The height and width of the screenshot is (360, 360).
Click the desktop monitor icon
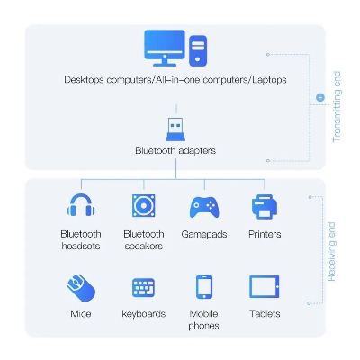pyautogui.click(x=165, y=48)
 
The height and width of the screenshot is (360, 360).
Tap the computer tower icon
pyautogui.click(x=198, y=50)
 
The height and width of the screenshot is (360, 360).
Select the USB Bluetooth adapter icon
pyautogui.click(x=175, y=130)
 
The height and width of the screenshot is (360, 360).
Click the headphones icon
pyautogui.click(x=81, y=205)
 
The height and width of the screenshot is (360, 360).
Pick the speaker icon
pyautogui.click(x=144, y=205)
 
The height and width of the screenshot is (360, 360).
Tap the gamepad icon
pyautogui.click(x=204, y=207)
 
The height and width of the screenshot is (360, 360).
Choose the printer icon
pyautogui.click(x=265, y=206)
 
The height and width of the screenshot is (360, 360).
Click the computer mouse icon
pyautogui.click(x=81, y=288)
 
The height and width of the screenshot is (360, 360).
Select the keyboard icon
pyautogui.click(x=144, y=287)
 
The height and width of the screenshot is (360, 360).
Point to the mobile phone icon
pyautogui.click(x=204, y=286)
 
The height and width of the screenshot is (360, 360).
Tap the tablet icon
pyautogui.click(x=265, y=286)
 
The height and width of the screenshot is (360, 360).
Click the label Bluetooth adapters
pyautogui.click(x=175, y=150)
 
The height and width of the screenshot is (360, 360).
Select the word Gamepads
pyautogui.click(x=204, y=234)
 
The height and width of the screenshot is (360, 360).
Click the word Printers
pyautogui.click(x=265, y=234)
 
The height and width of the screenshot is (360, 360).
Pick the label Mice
pyautogui.click(x=81, y=314)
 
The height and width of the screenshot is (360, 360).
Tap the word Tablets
pyautogui.click(x=265, y=313)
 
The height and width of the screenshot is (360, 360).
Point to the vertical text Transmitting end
pyautogui.click(x=337, y=107)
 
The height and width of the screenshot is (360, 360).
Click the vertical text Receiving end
pyautogui.click(x=331, y=252)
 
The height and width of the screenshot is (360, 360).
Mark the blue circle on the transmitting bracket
pyautogui.click(x=320, y=97)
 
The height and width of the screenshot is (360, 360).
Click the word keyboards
pyautogui.click(x=144, y=314)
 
